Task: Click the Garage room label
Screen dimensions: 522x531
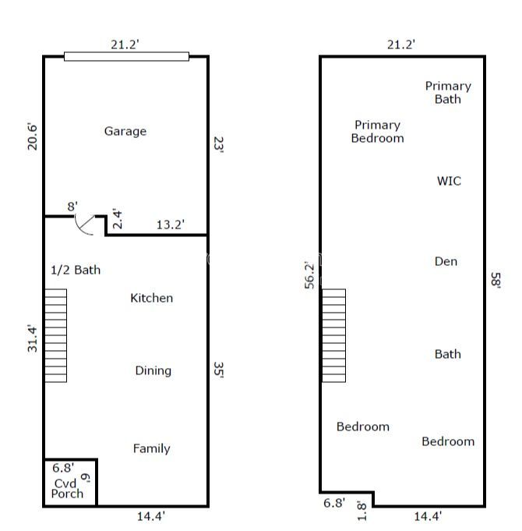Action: (125, 132)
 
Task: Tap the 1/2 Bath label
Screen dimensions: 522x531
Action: (76, 270)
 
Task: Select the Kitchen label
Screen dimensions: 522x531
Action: (152, 298)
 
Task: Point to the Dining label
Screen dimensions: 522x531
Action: (153, 371)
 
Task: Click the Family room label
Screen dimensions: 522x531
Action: (152, 448)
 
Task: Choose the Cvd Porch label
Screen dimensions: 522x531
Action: (67, 489)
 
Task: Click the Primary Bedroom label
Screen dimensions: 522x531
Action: (378, 132)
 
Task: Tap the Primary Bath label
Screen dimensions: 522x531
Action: (448, 93)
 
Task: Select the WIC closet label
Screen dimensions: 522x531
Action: (449, 181)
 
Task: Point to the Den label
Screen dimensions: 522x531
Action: (446, 261)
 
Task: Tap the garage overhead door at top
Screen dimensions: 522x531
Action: (126, 57)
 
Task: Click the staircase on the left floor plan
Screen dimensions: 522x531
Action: (56, 335)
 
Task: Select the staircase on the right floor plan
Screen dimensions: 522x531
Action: (333, 335)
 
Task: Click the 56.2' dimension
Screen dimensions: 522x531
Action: (309, 275)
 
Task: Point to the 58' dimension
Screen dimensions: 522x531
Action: (496, 280)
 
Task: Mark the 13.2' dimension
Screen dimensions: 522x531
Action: (170, 225)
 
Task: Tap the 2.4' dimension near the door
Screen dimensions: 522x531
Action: (117, 219)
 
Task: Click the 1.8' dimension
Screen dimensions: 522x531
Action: (362, 511)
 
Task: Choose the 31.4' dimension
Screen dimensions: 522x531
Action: (33, 338)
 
